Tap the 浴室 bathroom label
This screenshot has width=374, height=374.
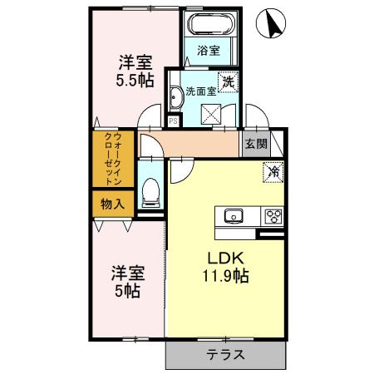[x=209, y=51]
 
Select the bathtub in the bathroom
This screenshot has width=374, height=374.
[x=209, y=26]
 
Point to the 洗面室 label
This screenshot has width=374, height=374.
[x=199, y=92]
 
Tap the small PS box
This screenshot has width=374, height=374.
[x=173, y=121]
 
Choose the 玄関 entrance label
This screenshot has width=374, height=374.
[x=256, y=143]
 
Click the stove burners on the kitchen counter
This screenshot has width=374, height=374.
[x=273, y=216]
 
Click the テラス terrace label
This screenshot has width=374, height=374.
[x=225, y=355]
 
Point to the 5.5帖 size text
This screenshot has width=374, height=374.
[x=134, y=81]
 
